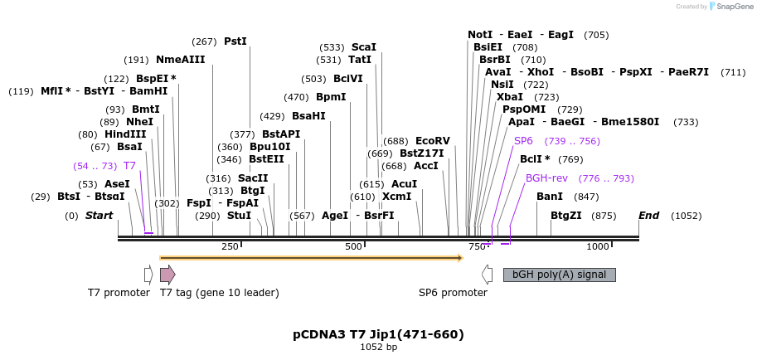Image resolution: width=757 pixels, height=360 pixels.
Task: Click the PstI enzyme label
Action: tap(235, 41)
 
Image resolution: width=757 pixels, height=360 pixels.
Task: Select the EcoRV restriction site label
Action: tap(432, 141)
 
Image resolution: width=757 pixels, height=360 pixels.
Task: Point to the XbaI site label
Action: tap(510, 97)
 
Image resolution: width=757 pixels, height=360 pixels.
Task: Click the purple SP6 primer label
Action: tap(523, 141)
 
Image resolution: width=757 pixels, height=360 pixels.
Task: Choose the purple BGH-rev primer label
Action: tap(546, 178)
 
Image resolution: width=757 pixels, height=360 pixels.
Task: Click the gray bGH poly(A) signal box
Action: tap(559, 275)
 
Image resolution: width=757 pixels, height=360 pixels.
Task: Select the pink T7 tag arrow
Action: tap(167, 275)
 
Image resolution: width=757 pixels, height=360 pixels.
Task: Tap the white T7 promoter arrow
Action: tap(148, 275)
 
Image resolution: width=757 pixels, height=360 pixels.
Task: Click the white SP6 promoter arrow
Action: tap(488, 275)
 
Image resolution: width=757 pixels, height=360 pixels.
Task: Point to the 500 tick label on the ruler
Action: tap(354, 246)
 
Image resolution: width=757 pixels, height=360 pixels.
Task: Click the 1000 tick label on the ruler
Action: tap(598, 246)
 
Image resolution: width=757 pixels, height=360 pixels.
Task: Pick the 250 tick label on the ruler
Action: tap(230, 246)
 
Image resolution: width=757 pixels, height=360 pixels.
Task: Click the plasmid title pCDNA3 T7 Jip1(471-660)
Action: tap(378, 334)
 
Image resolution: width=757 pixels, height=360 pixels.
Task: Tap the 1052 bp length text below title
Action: tap(378, 347)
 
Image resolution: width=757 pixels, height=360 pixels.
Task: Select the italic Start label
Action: tap(99, 216)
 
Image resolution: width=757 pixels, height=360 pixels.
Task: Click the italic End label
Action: tap(648, 216)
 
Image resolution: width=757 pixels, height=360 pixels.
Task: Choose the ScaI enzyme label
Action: tap(363, 47)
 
